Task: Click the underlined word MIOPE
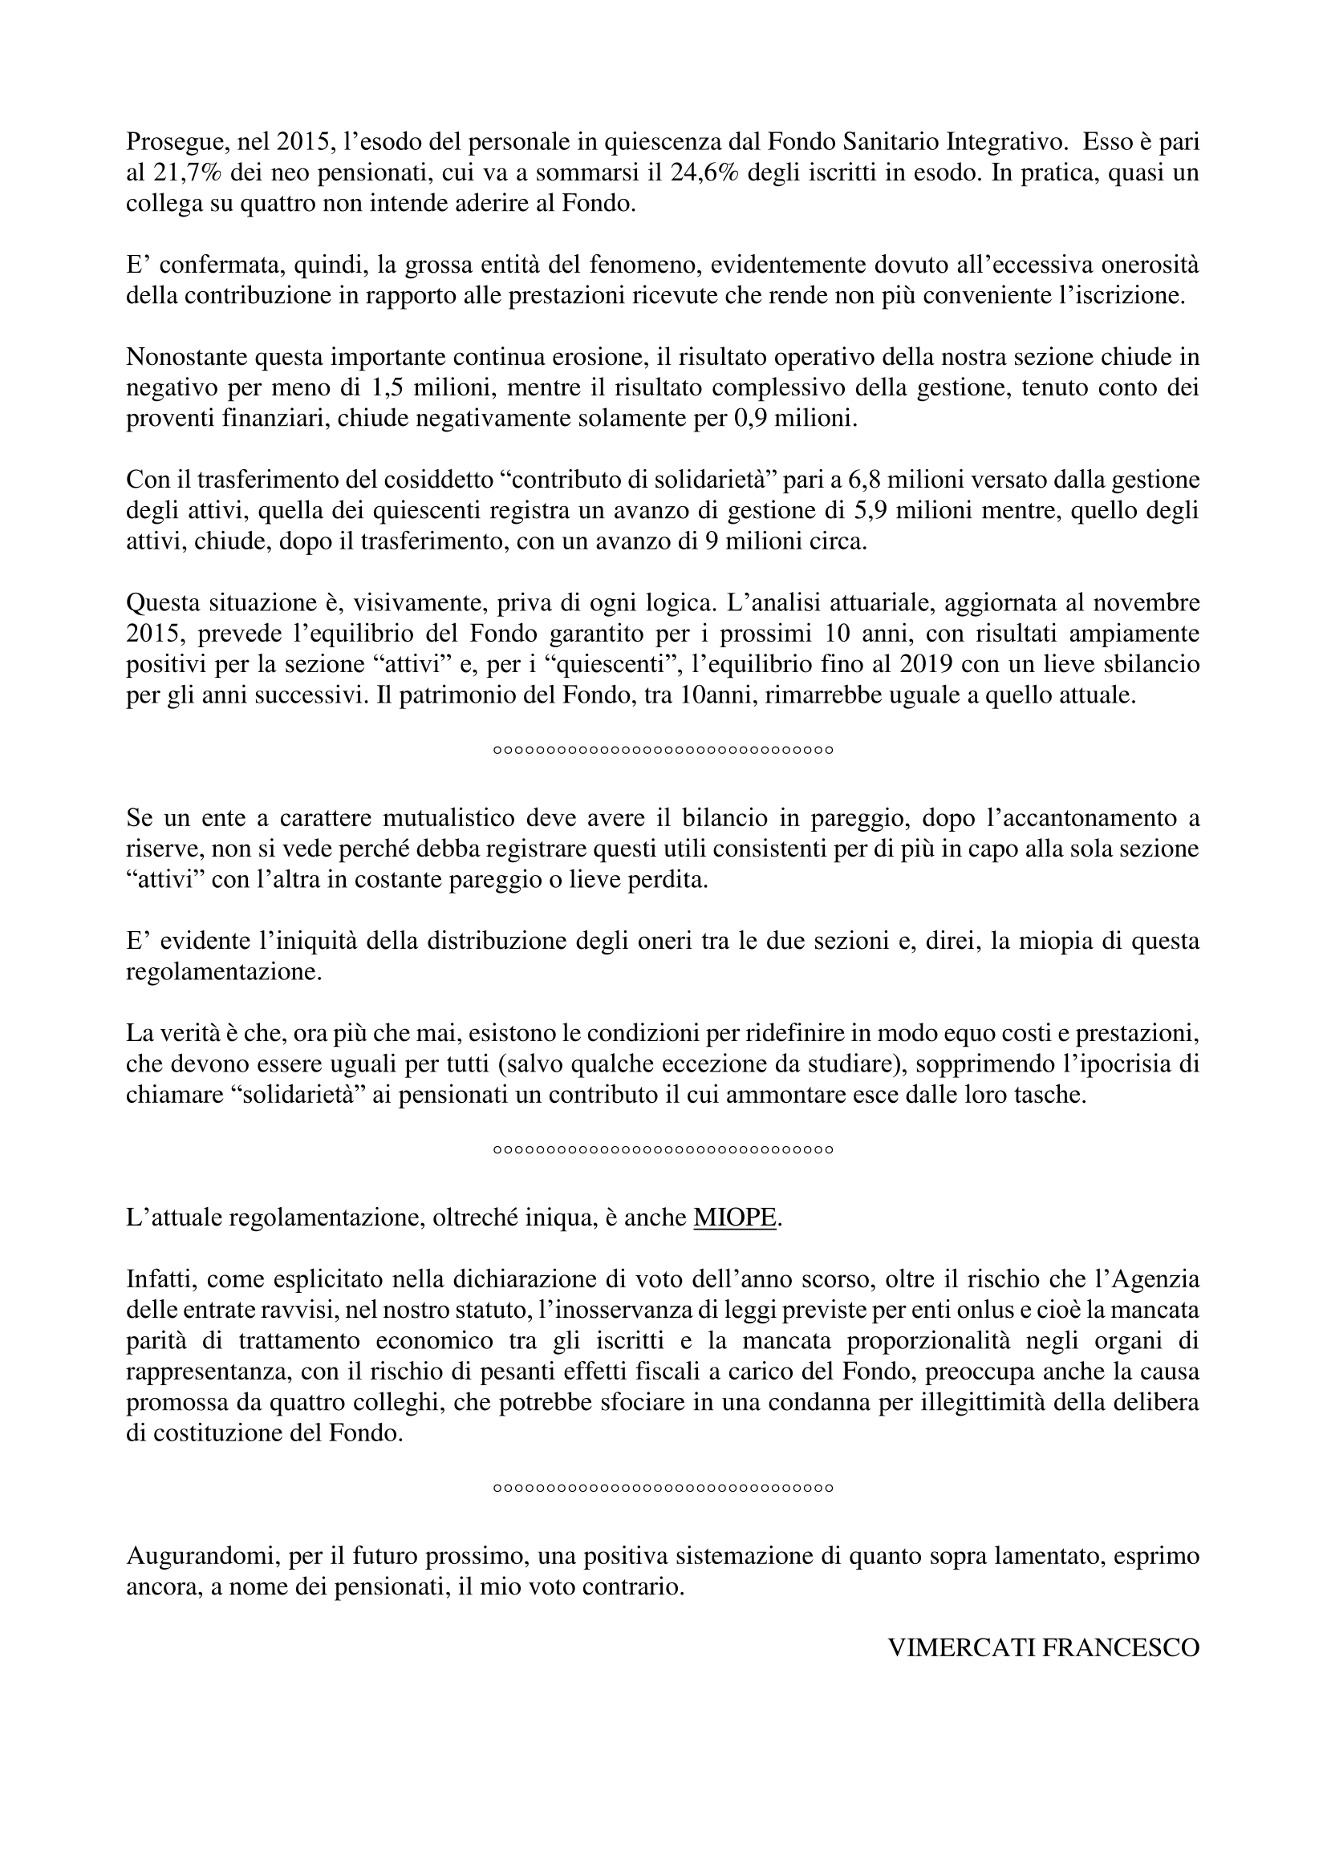(x=734, y=1218)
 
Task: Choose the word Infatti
(x=160, y=1279)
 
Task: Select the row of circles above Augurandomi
(x=663, y=1489)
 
